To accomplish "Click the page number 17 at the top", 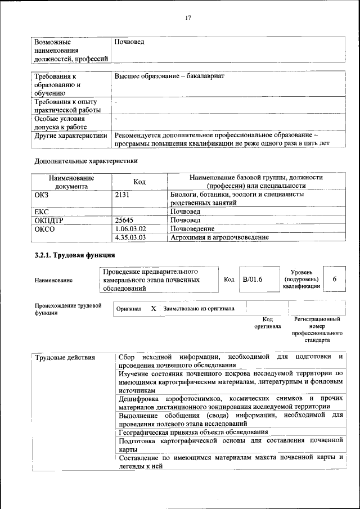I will pyautogui.click(x=188, y=17).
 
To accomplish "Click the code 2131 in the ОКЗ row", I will pyautogui.click(x=122, y=195).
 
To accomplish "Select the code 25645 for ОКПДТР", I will pyautogui.click(x=124, y=220).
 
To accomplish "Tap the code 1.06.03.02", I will pyautogui.click(x=130, y=229).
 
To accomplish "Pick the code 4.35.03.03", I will pyautogui.click(x=130, y=237).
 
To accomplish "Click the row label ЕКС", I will pyautogui.click(x=42, y=211).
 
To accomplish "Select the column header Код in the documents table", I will pyautogui.click(x=139, y=182).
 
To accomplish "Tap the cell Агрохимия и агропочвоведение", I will pyautogui.click(x=219, y=237).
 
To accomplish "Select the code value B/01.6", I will pyautogui.click(x=253, y=280).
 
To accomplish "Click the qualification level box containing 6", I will pyautogui.click(x=335, y=280).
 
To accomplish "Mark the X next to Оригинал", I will pyautogui.click(x=153, y=309).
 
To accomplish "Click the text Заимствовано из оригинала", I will pyautogui.click(x=199, y=309).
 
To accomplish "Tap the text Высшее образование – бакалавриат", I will pyautogui.click(x=169, y=75).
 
